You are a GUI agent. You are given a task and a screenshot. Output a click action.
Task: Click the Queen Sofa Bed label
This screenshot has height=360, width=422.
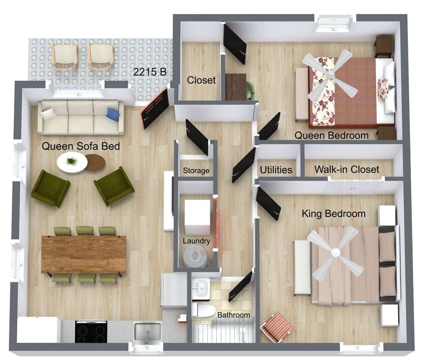(x=80, y=146)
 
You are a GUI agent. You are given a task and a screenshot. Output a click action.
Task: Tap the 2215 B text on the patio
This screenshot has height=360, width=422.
(x=150, y=72)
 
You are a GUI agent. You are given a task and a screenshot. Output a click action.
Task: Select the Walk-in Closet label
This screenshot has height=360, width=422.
(x=346, y=169)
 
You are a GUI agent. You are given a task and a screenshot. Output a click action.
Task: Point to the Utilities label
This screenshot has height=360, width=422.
(x=276, y=170)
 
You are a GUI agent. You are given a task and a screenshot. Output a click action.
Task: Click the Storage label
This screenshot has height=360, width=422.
(x=196, y=171)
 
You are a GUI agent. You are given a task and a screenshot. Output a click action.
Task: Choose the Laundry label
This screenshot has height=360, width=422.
(x=196, y=241)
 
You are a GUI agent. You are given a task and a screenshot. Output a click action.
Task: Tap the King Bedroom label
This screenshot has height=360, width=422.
(x=334, y=214)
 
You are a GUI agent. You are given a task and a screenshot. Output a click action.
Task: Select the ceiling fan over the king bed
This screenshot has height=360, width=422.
(x=336, y=252)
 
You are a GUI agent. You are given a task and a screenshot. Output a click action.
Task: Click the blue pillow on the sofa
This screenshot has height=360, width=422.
(x=113, y=115)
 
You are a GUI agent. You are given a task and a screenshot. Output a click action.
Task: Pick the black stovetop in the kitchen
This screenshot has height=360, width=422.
(x=91, y=331)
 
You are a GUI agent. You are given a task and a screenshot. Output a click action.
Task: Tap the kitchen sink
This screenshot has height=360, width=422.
(x=147, y=332)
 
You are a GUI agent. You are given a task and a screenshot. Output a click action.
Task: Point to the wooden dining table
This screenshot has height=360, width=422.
(x=84, y=254)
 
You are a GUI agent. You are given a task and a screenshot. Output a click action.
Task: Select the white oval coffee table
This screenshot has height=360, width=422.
(x=72, y=162)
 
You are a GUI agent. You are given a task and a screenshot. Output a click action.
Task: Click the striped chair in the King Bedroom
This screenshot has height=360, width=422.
(x=277, y=327)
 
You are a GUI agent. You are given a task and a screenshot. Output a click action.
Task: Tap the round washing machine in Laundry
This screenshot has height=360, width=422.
(x=195, y=256)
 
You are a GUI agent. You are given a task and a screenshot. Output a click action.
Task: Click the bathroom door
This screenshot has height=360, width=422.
(x=240, y=287)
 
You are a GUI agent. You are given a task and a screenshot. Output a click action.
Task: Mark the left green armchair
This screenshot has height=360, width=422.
(x=50, y=188)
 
